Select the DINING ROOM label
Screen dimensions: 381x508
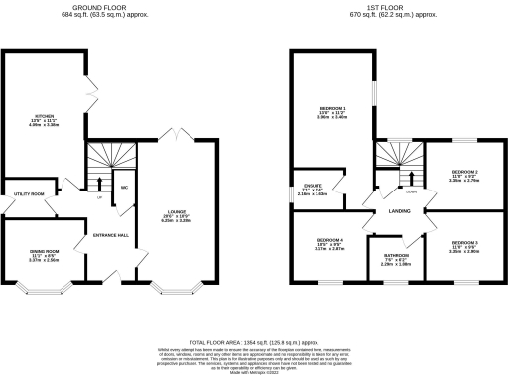tap(43, 252)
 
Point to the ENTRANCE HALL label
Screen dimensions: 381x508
tap(111, 235)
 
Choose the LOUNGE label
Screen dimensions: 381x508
tap(176, 213)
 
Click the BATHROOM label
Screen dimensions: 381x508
tap(397, 255)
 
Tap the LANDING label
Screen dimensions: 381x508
tap(399, 211)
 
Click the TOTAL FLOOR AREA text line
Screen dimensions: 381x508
tap(253, 340)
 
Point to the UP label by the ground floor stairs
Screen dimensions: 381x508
tap(99, 195)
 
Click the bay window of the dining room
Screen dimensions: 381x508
tap(43, 291)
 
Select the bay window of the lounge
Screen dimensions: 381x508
tap(176, 291)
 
